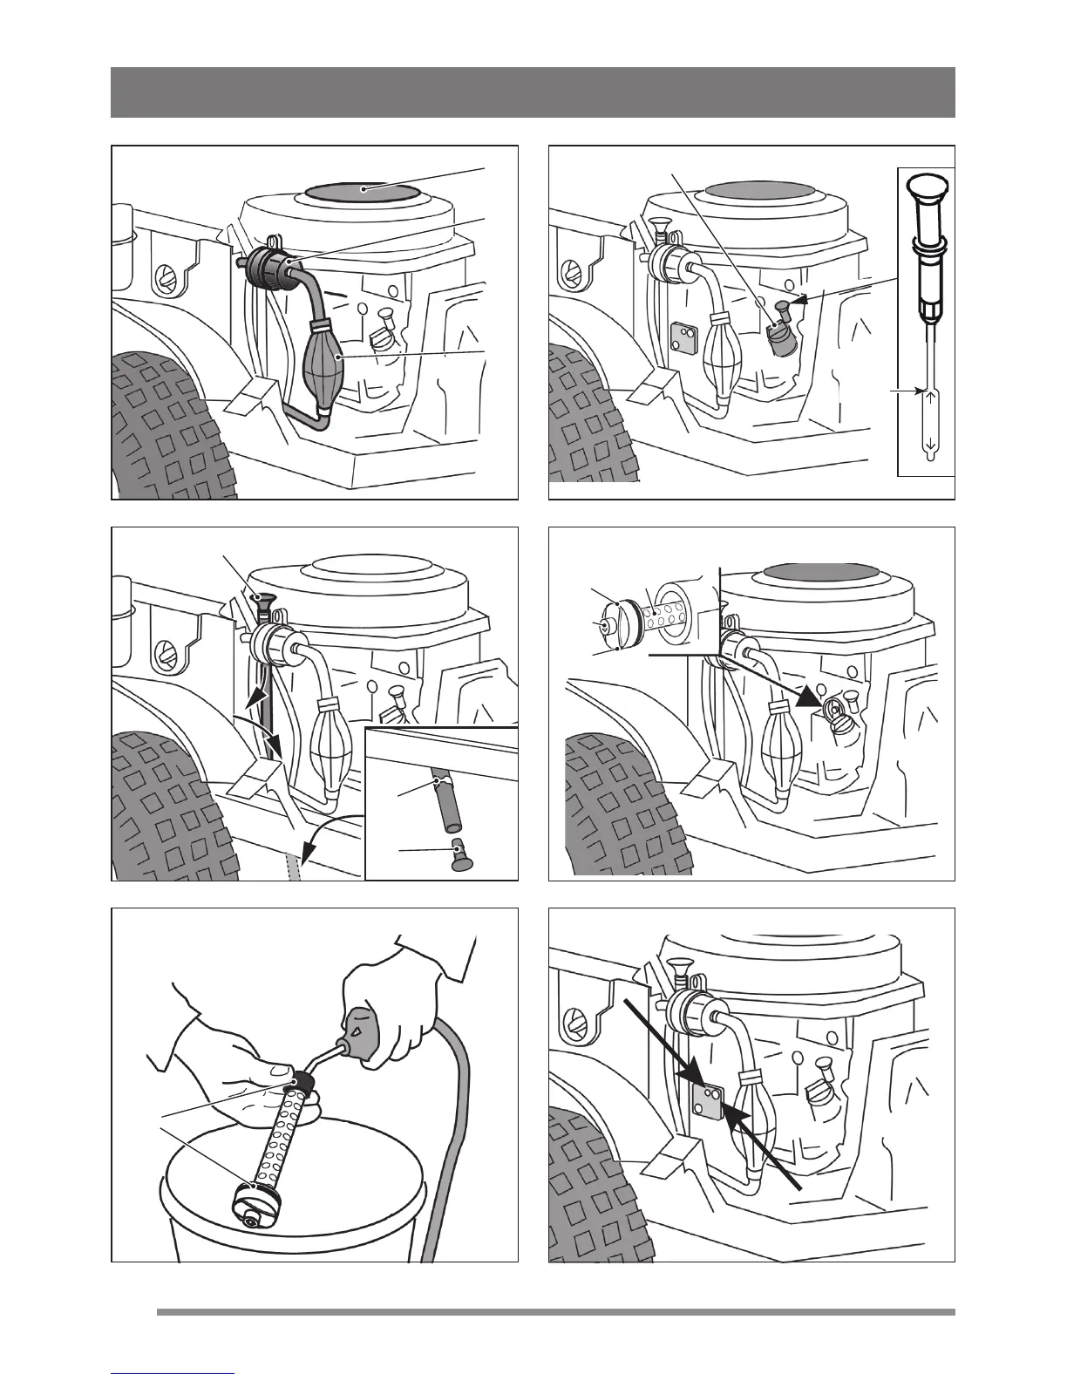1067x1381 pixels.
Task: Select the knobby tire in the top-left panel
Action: pos(166,427)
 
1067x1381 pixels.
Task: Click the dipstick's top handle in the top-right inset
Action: pos(926,187)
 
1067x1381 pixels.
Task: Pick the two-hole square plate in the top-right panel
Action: pos(683,337)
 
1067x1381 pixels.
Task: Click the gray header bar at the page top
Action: pos(533,92)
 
